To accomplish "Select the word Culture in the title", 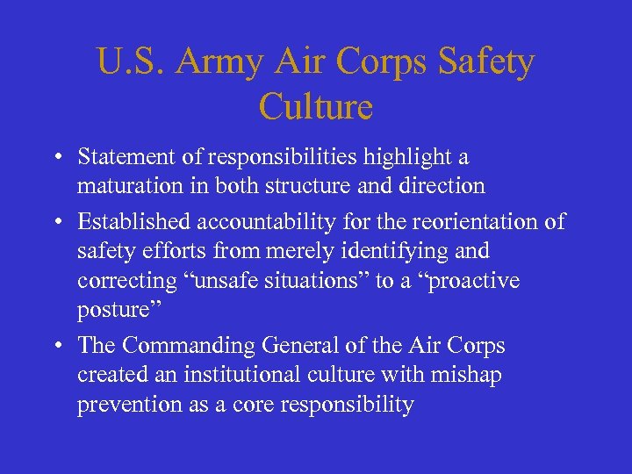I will click(x=316, y=107).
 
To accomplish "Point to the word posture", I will click(x=111, y=310).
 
